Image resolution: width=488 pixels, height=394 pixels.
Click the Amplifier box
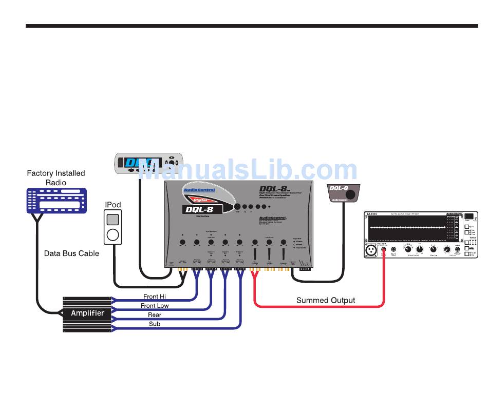[x=87, y=313]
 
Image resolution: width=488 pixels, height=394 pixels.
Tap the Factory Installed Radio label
[x=55, y=178]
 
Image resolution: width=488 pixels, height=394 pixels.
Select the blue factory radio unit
[x=53, y=201]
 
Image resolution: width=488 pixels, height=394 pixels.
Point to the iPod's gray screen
[x=113, y=219]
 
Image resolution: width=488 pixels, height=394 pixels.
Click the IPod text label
[x=113, y=205]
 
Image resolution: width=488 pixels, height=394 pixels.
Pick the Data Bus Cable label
[x=71, y=253]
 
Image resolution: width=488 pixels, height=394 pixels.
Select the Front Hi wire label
[x=155, y=297]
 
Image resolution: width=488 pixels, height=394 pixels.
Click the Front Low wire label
[x=155, y=306]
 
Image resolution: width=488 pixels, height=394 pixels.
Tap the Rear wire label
[x=155, y=315]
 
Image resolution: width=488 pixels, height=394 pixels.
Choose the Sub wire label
[x=155, y=324]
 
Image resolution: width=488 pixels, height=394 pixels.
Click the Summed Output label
[x=326, y=300]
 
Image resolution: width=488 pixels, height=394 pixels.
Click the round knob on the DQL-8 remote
[x=351, y=195]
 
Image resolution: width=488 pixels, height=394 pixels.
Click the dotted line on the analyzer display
[x=406, y=227]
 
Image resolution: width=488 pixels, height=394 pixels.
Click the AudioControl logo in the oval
[x=199, y=190]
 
